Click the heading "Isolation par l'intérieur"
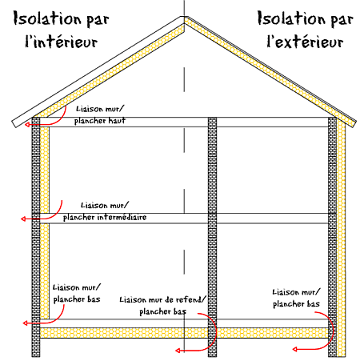click(61, 30)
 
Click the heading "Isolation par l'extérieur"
click(306, 30)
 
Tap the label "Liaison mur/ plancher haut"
click(100, 115)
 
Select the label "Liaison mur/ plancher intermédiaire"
click(105, 211)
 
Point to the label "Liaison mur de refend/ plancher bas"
click(162, 306)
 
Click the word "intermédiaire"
click(122, 217)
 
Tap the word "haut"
click(117, 121)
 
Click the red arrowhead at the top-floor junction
click(27, 125)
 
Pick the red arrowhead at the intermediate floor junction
click(23, 219)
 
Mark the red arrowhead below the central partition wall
click(178, 351)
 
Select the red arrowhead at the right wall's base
click(294, 349)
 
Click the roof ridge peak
click(184, 17)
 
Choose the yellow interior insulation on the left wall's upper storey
click(45, 170)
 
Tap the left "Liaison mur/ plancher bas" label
click(77, 294)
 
